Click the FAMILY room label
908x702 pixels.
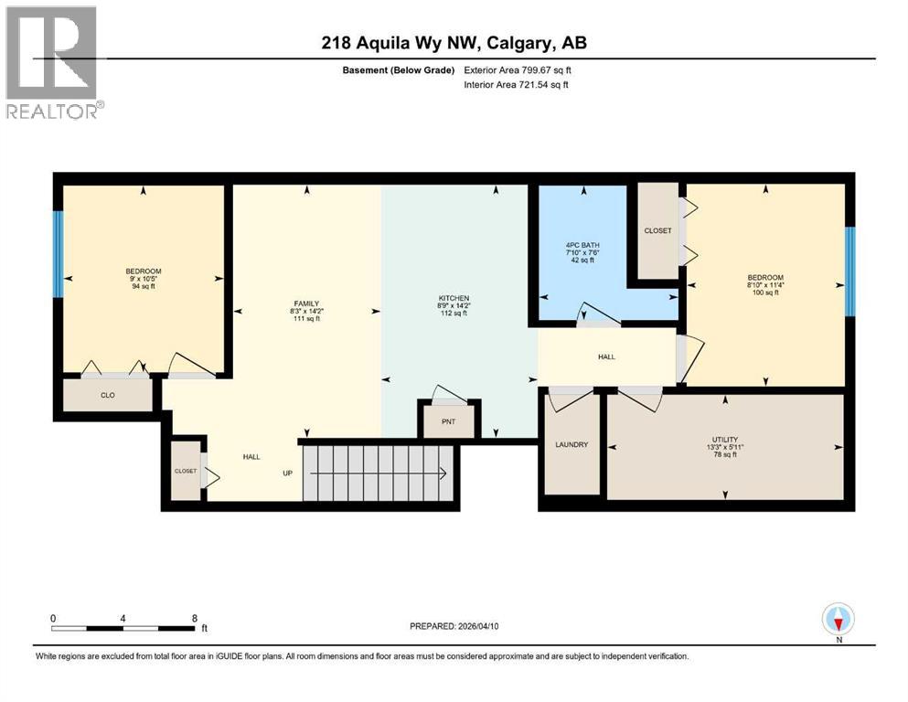click(305, 303)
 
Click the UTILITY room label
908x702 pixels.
click(726, 439)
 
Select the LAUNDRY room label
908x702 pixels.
click(572, 444)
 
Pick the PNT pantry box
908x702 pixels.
click(447, 422)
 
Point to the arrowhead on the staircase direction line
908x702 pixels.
click(442, 473)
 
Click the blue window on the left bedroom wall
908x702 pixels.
click(58, 254)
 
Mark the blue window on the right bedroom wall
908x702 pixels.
click(849, 271)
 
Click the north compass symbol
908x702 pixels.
click(839, 620)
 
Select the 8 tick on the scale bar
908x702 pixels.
click(194, 618)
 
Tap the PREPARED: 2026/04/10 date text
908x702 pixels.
click(454, 626)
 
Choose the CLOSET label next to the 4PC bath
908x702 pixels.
click(657, 230)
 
